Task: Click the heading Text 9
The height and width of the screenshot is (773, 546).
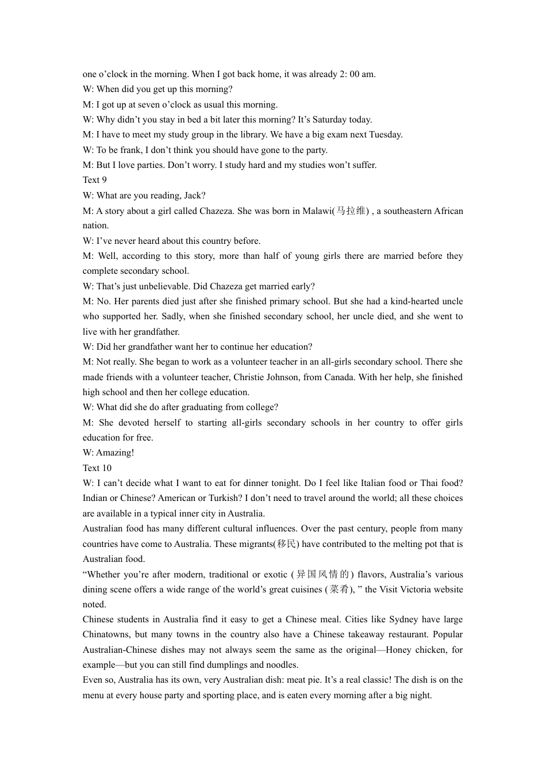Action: (95, 180)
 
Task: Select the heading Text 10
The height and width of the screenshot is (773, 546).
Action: (97, 468)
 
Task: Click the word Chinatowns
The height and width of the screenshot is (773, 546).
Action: (106, 634)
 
